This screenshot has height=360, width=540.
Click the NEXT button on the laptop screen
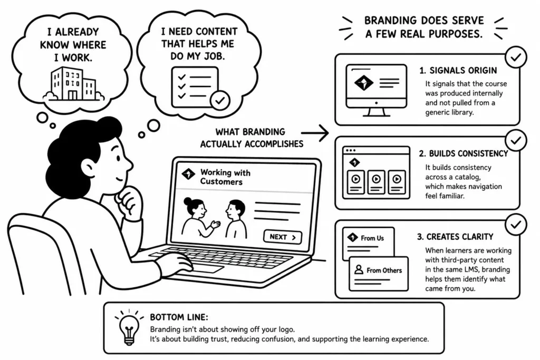pos(283,237)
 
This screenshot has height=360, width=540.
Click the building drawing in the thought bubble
pos(73,84)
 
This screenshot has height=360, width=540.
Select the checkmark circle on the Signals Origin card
pos(516,57)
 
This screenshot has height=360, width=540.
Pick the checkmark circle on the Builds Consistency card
pos(516,140)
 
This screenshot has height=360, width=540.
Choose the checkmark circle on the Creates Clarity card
pos(516,225)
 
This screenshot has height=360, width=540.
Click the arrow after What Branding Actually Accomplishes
pos(315,133)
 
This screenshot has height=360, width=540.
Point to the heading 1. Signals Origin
pos(458,71)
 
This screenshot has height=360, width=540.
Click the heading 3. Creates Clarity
pos(455,237)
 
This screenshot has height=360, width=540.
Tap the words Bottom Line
pos(179,317)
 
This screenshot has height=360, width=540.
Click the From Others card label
pos(384,270)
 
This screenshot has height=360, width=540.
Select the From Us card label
pos(372,238)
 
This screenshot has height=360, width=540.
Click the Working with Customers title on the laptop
pos(225,177)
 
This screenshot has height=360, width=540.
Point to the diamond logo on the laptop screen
pos(188,174)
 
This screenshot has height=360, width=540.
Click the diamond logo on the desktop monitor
pos(364,83)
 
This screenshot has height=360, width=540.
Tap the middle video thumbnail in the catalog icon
pos(376,182)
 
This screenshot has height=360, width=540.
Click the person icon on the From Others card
pos(359,269)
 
